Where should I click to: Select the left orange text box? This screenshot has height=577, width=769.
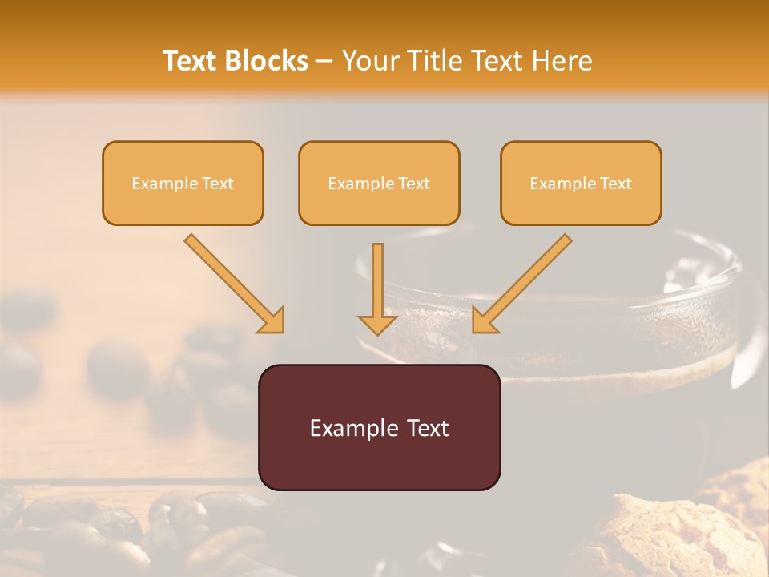click(183, 183)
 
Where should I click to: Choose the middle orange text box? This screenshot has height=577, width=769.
click(379, 183)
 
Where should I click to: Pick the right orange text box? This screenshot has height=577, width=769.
click(581, 183)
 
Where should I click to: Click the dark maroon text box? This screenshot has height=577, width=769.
click(379, 427)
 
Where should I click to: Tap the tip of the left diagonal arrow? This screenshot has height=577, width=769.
click(281, 331)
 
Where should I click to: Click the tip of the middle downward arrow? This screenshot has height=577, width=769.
click(377, 333)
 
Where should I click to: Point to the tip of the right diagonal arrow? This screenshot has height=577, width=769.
click(475, 331)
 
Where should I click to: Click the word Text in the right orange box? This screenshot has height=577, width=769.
click(615, 184)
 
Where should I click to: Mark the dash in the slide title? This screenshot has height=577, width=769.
click(324, 62)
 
